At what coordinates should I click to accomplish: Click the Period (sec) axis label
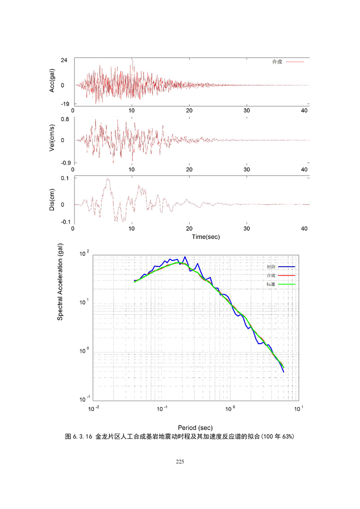pyautogui.click(x=195, y=428)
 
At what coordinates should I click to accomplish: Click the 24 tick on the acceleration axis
pyautogui.click(x=64, y=60)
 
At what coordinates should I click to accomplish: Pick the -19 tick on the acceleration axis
pyautogui.click(x=63, y=104)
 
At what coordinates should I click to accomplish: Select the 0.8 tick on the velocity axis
pyautogui.click(x=64, y=119)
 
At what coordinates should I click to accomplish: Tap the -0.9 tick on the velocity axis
pyautogui.click(x=63, y=162)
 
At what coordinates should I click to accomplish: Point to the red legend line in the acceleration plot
pyautogui.click(x=295, y=61)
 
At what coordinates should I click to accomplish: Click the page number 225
pyautogui.click(x=180, y=461)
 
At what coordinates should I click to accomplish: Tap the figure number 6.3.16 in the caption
pyautogui.click(x=82, y=437)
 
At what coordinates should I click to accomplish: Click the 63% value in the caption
pyautogui.click(x=288, y=437)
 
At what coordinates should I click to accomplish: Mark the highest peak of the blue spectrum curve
pyautogui.click(x=185, y=257)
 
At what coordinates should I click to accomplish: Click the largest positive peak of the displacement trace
pyautogui.click(x=108, y=179)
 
